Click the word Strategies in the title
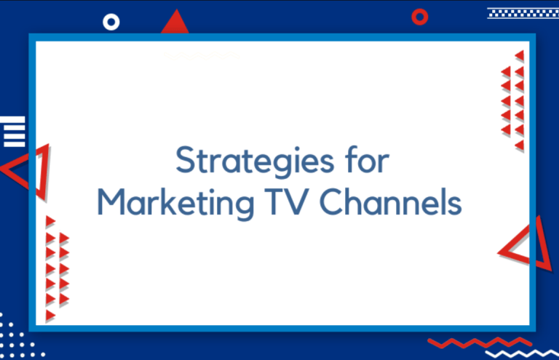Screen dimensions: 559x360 [255, 161]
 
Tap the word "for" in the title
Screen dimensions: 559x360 [367, 159]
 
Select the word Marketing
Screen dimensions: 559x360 [175, 204]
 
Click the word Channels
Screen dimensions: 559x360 [390, 201]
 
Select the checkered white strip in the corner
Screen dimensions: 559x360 [523, 13]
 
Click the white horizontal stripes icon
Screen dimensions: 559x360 [13, 132]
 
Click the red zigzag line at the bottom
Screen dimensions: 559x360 [480, 343]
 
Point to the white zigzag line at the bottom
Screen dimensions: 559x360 [523, 353]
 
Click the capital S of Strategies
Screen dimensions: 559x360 [186, 160]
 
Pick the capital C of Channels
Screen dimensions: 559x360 [332, 201]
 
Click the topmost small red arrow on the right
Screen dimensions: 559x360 [520, 55]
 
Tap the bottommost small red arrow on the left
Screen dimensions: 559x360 [50, 316]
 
